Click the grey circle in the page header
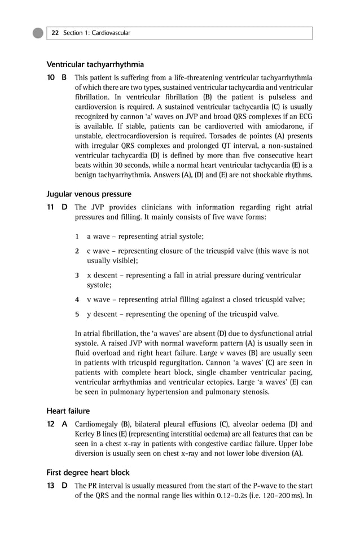coord(38,33)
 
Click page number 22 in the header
coord(55,33)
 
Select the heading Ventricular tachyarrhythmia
coord(95,64)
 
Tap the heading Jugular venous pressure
coord(89,194)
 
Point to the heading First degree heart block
coord(87,473)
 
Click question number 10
coord(50,77)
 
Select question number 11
coord(50,207)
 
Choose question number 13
coord(50,486)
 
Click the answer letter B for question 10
coord(64,77)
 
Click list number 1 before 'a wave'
coord(77,236)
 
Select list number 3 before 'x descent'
coord(77,275)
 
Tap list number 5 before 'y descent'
coord(77,314)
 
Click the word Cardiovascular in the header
coord(111,33)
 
